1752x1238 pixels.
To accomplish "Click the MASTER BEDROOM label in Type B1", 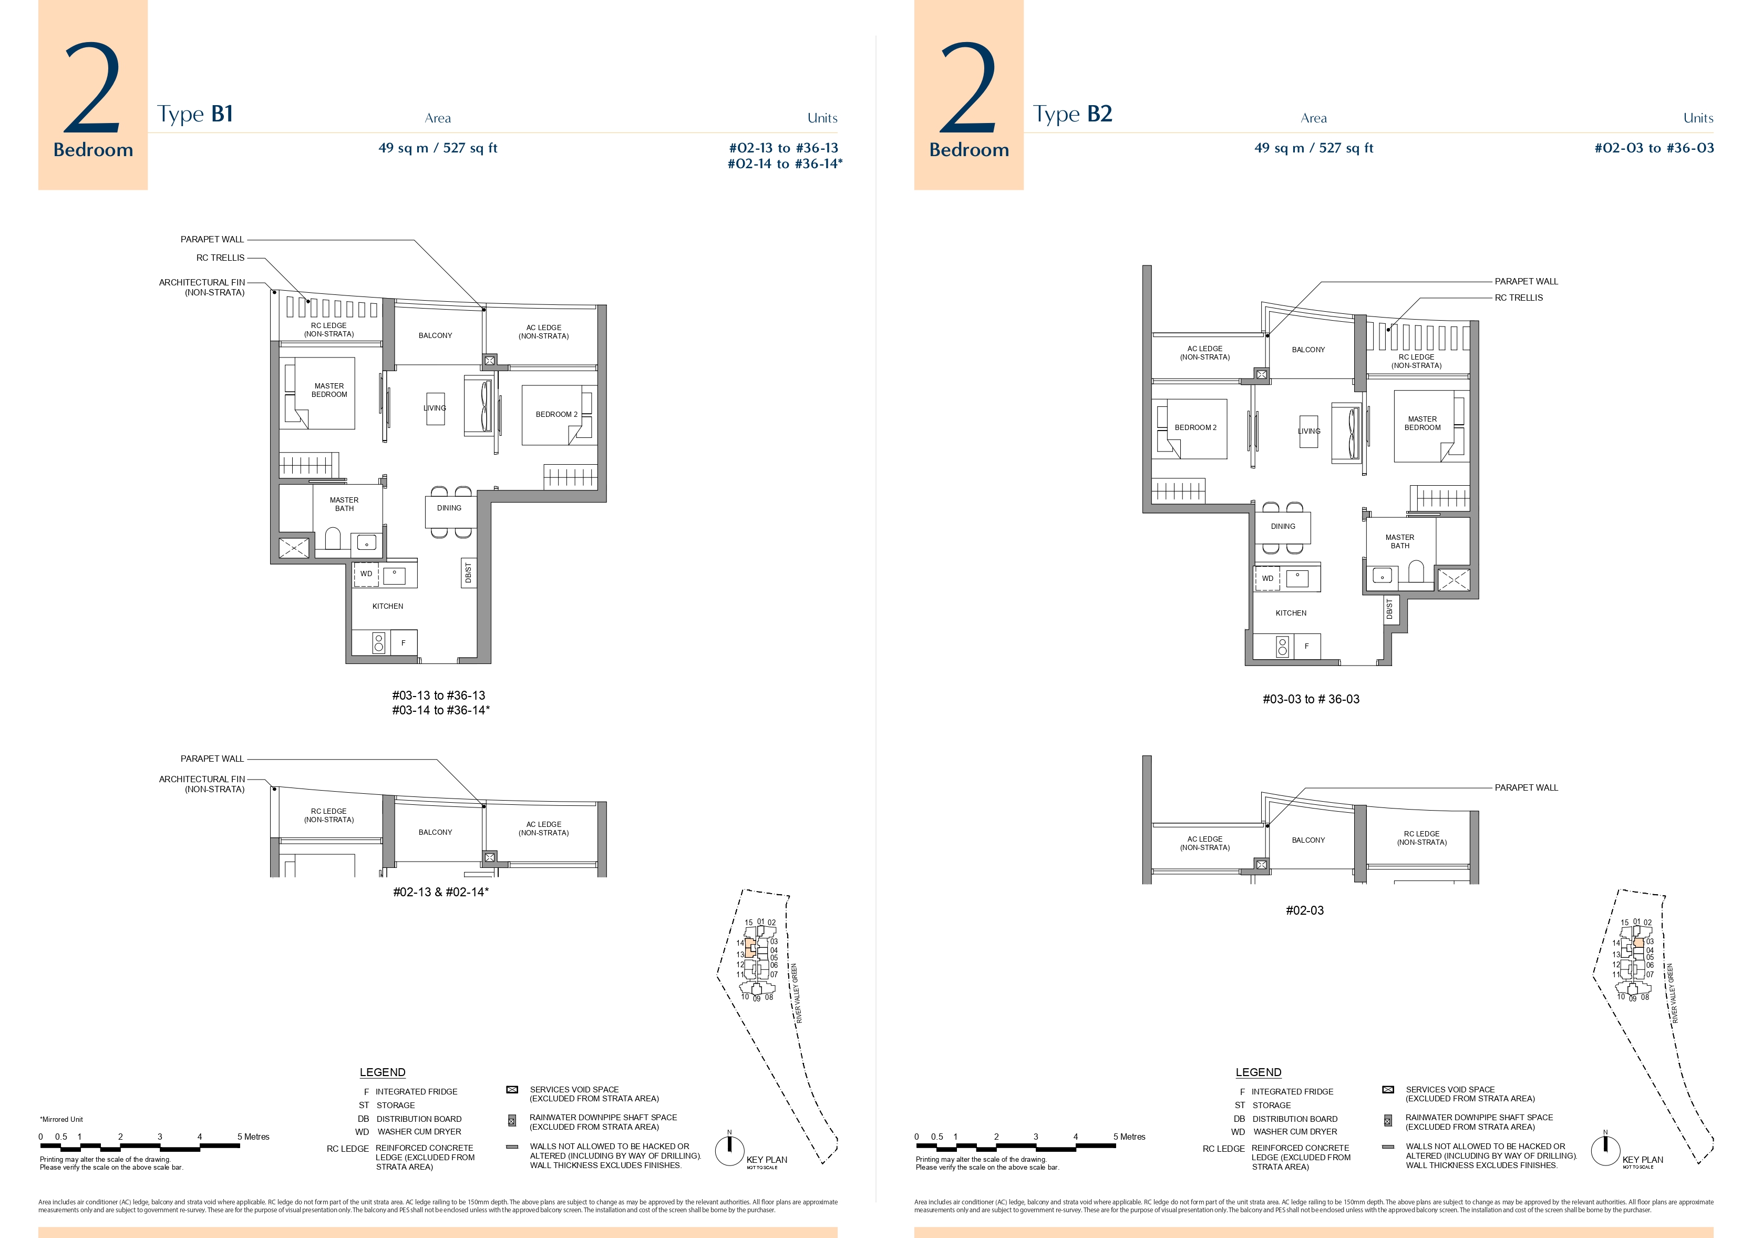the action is click(329, 390).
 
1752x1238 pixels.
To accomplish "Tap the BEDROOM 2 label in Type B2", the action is click(1195, 427).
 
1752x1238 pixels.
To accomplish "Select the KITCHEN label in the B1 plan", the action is click(388, 606).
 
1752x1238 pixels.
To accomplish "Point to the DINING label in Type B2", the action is click(1283, 526).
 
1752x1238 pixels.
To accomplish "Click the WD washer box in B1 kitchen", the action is click(366, 574).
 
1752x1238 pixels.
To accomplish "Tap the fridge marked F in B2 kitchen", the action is click(1306, 647).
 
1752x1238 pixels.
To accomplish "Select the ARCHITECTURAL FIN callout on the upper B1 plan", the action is click(202, 287).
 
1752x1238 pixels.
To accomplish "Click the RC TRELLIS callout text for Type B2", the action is click(1519, 298).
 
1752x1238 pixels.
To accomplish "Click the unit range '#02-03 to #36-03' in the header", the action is click(1654, 148).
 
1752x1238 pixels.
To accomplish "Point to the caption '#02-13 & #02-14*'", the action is click(441, 892).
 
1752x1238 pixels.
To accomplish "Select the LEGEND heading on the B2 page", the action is click(1258, 1072).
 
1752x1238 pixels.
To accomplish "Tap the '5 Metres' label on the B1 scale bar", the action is click(253, 1137).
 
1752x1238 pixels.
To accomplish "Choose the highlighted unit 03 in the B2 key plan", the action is click(1638, 943).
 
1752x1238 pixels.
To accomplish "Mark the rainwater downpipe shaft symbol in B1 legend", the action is click(512, 1121).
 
